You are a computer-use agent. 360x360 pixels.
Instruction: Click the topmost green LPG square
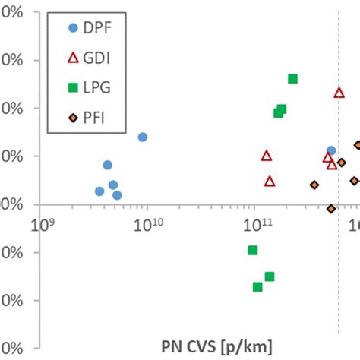292,79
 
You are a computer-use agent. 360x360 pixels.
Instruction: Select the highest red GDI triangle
339,93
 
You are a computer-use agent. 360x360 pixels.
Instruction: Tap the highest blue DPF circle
142,137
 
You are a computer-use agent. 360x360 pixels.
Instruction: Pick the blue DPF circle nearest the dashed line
330,150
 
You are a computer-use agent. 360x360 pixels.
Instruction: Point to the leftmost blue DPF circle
99,191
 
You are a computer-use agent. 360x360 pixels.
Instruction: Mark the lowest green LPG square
257,286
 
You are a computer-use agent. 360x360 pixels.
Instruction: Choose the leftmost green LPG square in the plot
253,250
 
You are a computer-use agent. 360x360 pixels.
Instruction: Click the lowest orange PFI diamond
330,208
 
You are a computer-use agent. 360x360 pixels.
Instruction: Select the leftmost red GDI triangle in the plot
267,156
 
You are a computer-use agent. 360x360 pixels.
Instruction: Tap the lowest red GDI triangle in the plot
270,181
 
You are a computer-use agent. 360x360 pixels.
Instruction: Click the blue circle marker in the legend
73,28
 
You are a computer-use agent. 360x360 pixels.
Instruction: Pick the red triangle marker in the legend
73,57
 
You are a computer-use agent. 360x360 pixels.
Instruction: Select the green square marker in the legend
73,87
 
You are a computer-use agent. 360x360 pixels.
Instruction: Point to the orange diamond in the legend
73,116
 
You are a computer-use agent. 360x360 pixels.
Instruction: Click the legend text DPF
96,28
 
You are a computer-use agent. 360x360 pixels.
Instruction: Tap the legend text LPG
96,87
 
